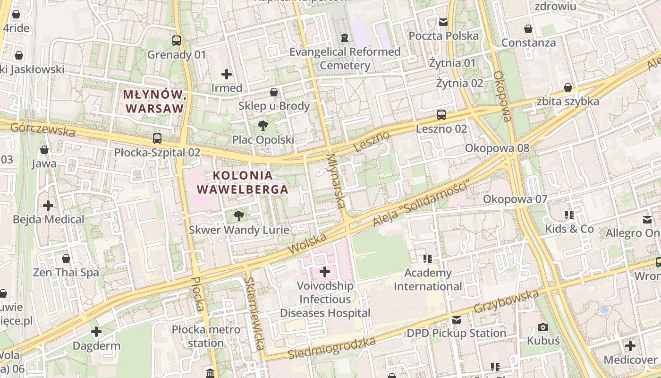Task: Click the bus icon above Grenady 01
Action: pos(177,41)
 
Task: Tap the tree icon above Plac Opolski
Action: pos(263,126)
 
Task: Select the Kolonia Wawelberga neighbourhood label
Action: pos(242,182)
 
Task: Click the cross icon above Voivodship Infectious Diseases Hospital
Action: pos(325,272)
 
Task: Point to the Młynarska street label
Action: pos(336,181)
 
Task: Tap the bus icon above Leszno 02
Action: pos(441,115)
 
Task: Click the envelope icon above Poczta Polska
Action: pos(443,22)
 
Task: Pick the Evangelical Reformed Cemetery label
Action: pos(345,59)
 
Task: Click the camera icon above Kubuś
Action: pos(543,327)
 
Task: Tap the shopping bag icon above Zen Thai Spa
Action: pos(66,258)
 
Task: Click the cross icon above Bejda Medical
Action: pos(48,206)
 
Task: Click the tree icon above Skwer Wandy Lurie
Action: pos(239,216)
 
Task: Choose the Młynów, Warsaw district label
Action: pos(153,101)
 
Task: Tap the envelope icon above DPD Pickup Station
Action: pos(457,320)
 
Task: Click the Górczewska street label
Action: pos(42,129)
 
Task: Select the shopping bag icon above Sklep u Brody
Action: pos(274,92)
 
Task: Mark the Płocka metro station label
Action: pos(206,336)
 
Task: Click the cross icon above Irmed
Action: pos(227,74)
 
